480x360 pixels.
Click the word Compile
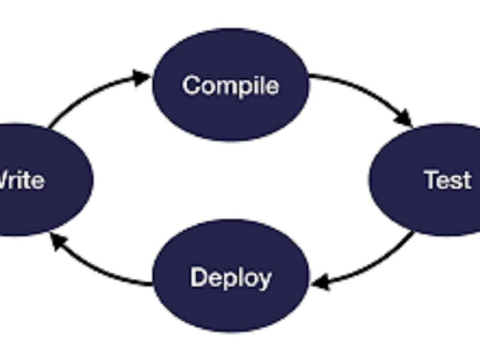[230, 85]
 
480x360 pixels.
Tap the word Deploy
[230, 278]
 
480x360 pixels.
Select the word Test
[447, 180]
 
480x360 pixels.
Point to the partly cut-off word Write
[22, 180]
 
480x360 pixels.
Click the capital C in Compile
[191, 85]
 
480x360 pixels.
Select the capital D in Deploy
[198, 277]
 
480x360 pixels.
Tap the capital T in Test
[432, 180]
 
